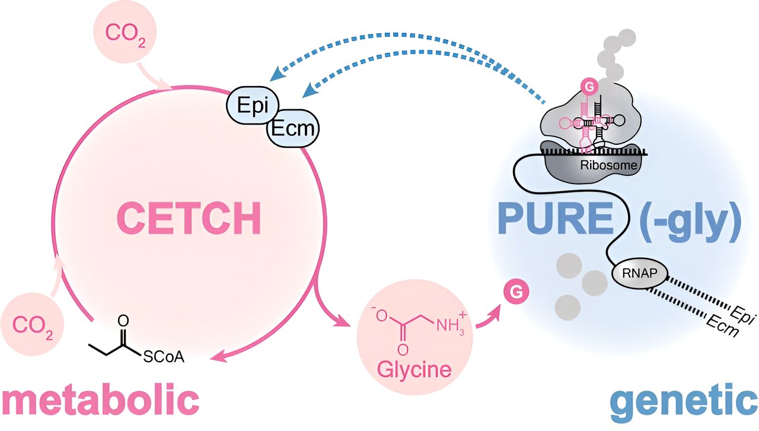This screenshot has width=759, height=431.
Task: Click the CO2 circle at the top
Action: [125, 32]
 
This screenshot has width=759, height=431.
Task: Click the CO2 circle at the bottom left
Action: [32, 324]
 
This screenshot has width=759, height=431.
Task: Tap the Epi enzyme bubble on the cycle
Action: [253, 105]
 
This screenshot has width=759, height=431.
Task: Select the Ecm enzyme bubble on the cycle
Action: [293, 128]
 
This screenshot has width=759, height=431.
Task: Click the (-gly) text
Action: [690, 221]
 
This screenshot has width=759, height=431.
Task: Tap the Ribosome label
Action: [608, 165]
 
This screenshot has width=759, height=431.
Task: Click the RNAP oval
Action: [640, 273]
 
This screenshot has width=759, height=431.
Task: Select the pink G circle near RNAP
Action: [516, 291]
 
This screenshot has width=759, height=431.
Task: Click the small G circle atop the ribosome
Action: [589, 87]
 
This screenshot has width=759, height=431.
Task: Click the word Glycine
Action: [414, 370]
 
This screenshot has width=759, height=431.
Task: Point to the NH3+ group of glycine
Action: [451, 324]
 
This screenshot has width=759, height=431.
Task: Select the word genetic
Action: [684, 403]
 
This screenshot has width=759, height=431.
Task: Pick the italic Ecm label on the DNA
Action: [722, 327]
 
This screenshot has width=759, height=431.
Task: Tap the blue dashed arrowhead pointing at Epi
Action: [276, 74]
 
